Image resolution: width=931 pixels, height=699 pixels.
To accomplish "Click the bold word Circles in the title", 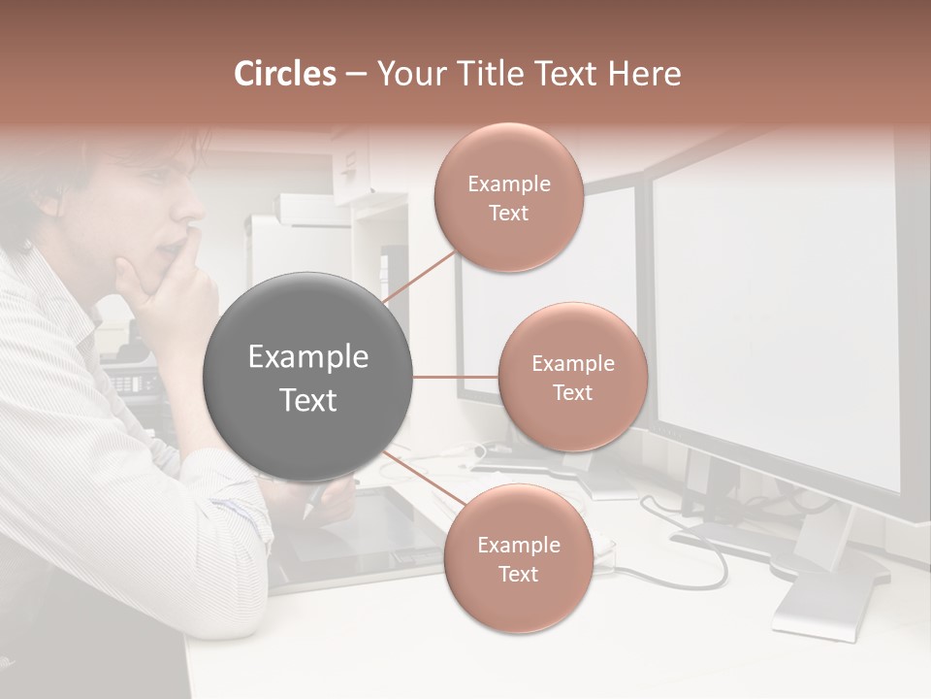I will coord(285,74).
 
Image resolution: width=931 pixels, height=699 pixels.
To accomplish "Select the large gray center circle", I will coord(308,377).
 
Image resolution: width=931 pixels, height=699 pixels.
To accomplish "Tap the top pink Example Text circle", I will coord(508,198).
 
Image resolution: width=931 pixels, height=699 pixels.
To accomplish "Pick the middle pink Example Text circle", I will coord(572,377).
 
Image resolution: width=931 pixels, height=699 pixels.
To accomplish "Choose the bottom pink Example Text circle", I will coord(518,558).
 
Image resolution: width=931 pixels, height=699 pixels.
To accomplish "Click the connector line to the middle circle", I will coord(456,377).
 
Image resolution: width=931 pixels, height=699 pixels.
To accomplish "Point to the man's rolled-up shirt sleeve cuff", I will coord(247,505).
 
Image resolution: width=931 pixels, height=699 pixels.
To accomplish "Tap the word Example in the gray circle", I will coord(308,357).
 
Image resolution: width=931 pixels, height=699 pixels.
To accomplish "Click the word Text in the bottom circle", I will coord(518,574).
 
